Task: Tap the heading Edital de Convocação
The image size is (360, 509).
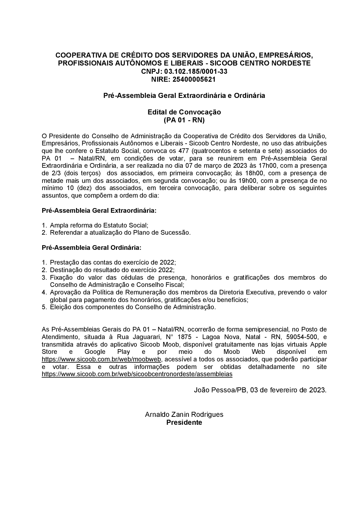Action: tap(184, 112)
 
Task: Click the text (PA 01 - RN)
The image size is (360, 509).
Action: tap(184, 120)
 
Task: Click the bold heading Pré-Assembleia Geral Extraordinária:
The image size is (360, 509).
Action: tap(99, 210)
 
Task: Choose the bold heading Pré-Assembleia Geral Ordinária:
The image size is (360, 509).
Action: tap(91, 248)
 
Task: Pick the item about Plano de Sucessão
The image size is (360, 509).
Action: tap(120, 233)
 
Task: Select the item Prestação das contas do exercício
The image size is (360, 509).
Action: tap(113, 262)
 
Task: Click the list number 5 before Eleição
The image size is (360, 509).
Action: tap(44, 307)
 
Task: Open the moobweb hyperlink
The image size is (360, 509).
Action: tap(102, 359)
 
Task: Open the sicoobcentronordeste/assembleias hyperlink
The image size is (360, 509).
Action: tap(137, 374)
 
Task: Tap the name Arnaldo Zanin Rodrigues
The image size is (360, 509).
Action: tap(184, 414)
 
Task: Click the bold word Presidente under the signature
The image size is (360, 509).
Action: tap(184, 422)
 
